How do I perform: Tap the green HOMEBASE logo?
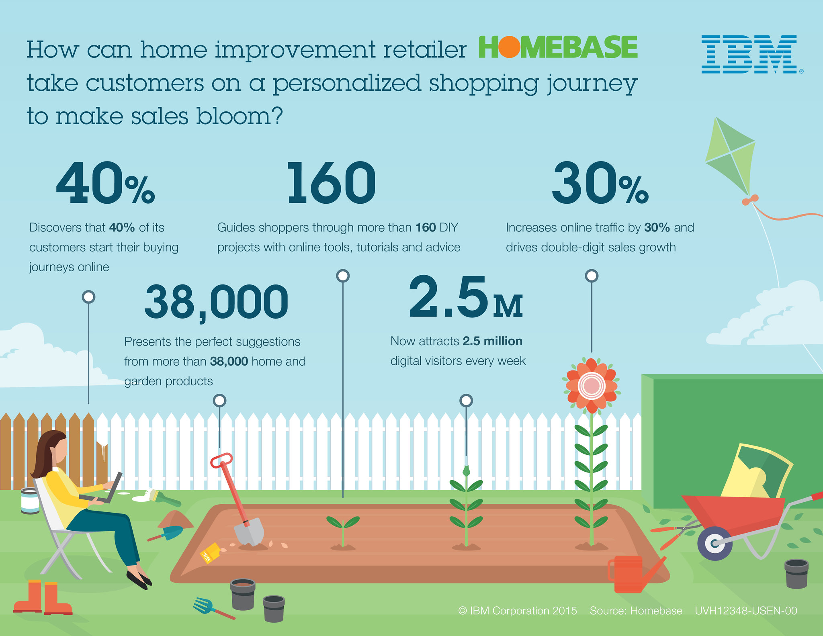(558, 47)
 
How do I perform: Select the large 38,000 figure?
(216, 303)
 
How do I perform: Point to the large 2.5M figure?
(466, 297)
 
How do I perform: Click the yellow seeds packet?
(210, 553)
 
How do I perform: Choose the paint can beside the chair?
(30, 500)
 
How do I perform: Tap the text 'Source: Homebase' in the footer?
(636, 611)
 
